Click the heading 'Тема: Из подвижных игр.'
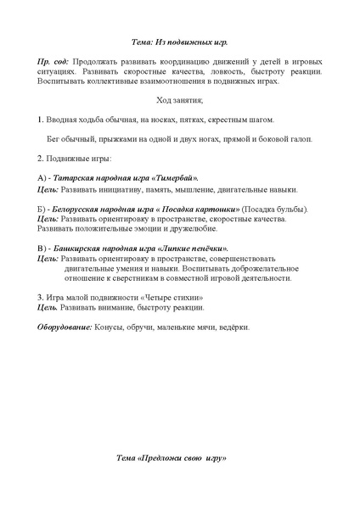[181, 40]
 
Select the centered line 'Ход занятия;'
[180, 101]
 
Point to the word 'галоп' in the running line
[301, 138]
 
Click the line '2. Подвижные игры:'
[75, 158]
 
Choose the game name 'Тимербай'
[173, 177]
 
